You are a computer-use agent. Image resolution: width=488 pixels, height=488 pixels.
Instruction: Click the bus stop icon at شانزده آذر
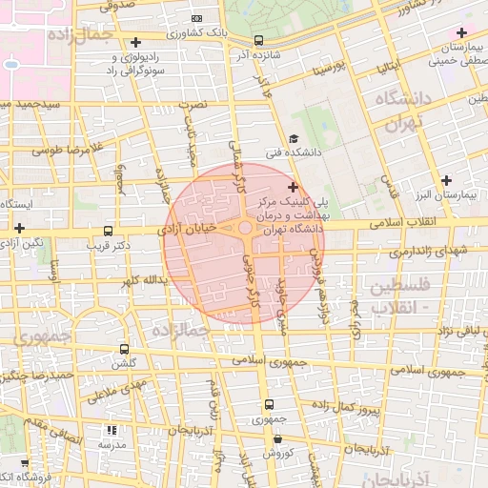(x=259, y=40)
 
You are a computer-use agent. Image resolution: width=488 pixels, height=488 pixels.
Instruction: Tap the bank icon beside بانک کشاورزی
(x=196, y=18)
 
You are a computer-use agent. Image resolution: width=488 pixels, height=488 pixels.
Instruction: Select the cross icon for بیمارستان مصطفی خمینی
(x=461, y=34)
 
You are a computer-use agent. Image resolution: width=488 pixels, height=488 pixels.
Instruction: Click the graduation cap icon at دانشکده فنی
(x=293, y=139)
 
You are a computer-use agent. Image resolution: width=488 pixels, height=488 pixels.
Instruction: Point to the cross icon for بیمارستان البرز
(x=446, y=181)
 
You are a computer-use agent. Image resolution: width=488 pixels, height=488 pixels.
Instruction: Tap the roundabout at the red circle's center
(x=245, y=228)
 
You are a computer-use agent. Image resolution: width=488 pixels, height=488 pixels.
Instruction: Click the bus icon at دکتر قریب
(x=107, y=231)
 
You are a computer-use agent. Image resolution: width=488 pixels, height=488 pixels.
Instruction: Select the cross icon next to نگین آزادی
(x=19, y=228)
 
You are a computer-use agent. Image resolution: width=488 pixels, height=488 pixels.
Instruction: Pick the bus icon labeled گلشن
(x=124, y=350)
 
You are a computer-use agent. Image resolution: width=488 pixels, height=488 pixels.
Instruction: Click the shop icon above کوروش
(x=277, y=439)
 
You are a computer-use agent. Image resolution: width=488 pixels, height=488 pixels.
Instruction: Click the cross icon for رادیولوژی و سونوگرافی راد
(x=136, y=42)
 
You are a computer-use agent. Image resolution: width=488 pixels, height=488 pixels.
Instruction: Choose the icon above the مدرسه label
(x=112, y=431)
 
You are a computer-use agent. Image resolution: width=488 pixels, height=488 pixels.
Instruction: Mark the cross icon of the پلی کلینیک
(x=293, y=187)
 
